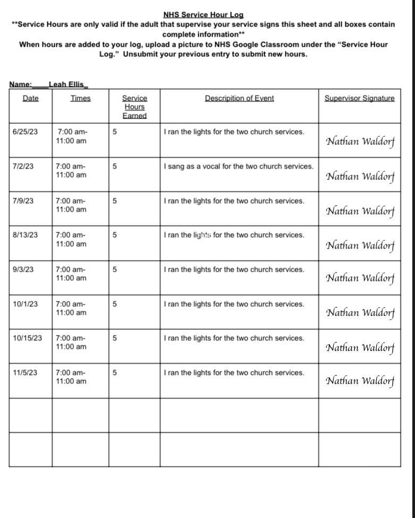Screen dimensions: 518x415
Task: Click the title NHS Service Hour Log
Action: tap(203, 15)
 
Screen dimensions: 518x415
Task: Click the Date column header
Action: tap(31, 98)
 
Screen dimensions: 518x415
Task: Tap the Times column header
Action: tap(80, 98)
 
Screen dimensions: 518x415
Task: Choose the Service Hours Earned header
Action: tap(134, 106)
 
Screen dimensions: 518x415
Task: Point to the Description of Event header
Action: tap(239, 98)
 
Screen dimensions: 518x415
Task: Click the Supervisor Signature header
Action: tap(360, 98)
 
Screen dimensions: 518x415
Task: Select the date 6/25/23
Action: tap(26, 132)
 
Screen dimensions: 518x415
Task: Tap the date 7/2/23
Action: tap(23, 166)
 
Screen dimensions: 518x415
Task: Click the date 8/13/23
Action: tap(26, 235)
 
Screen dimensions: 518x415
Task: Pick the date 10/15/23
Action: tap(28, 338)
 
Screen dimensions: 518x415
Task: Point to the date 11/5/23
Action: tap(26, 373)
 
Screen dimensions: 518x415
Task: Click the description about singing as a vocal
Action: tap(239, 166)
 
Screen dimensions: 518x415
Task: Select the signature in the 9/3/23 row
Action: tap(360, 278)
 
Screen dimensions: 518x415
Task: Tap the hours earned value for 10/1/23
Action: tap(115, 304)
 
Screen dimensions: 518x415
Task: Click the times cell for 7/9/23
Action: tap(71, 205)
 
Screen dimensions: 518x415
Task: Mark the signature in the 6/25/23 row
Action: tap(360, 141)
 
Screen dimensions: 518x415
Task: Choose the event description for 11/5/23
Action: tap(234, 373)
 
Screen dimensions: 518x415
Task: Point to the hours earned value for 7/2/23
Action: tap(115, 166)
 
